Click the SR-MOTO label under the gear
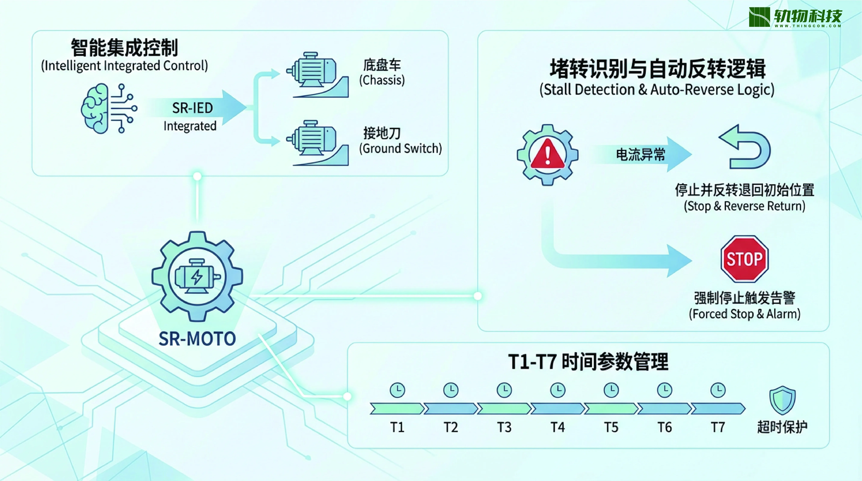[x=197, y=339]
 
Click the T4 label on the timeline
[x=557, y=427]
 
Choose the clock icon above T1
[x=397, y=390]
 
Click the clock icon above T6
[x=665, y=390]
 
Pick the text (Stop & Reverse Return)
[x=745, y=206]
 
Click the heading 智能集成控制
[x=124, y=48]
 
